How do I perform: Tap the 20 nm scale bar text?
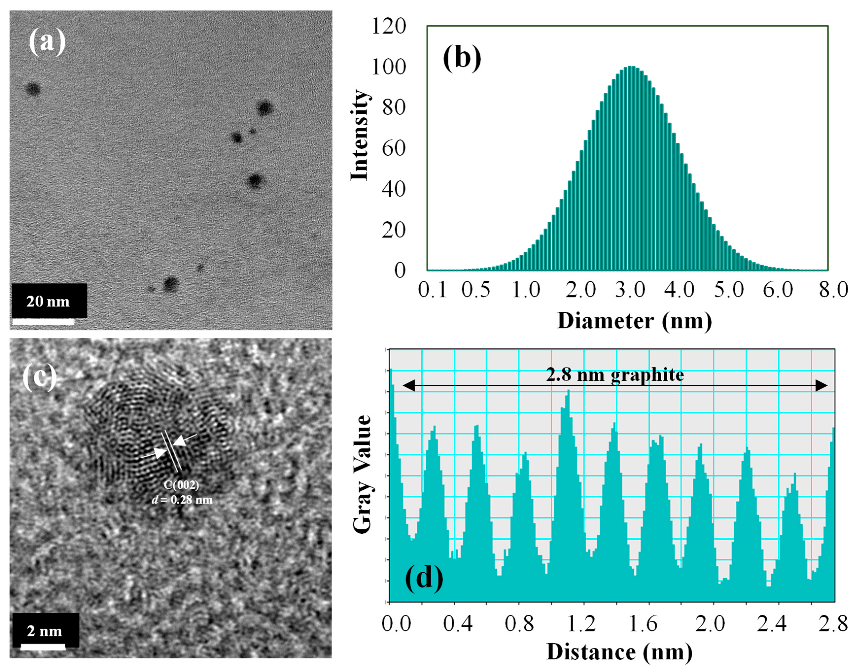click(x=48, y=301)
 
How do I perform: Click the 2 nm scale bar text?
click(x=44, y=631)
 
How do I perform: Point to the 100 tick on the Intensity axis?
click(x=388, y=68)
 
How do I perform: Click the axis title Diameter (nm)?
click(x=634, y=321)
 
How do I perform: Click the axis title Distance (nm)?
click(x=619, y=652)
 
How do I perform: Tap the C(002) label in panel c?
click(x=181, y=485)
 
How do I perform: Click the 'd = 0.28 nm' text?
click(x=182, y=500)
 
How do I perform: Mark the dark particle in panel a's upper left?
click(x=33, y=89)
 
